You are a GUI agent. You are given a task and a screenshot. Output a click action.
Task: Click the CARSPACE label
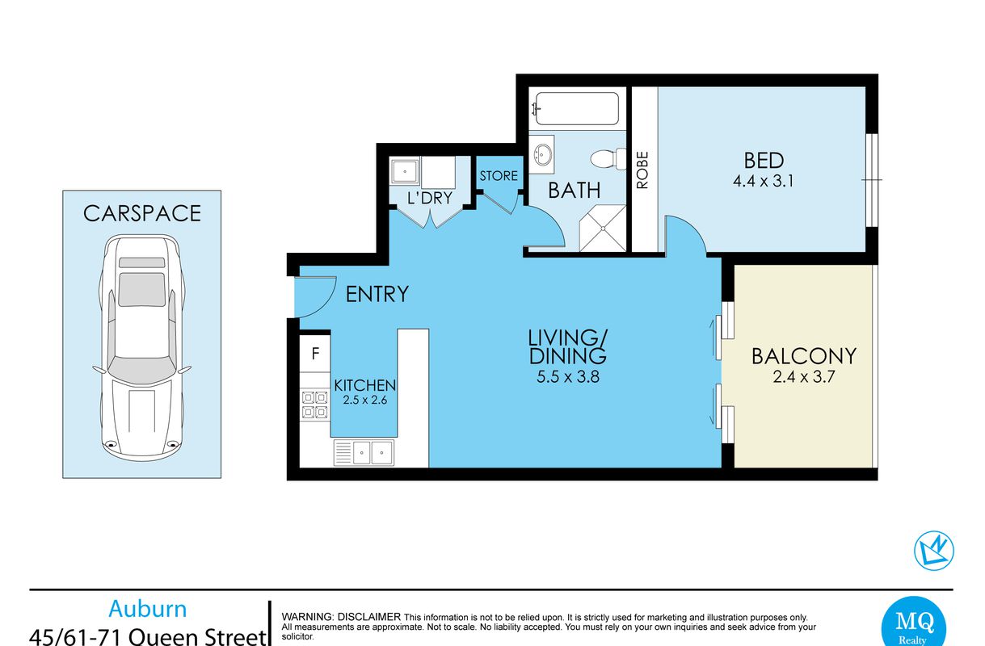(x=142, y=213)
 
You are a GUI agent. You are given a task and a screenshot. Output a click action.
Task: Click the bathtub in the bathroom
(x=577, y=108)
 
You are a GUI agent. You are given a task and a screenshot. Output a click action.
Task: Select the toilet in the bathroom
(x=608, y=159)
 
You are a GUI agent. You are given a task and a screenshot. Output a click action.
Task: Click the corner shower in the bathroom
(x=603, y=229)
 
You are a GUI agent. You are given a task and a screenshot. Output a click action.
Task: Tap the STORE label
(x=499, y=176)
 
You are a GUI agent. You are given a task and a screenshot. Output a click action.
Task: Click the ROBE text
(x=642, y=170)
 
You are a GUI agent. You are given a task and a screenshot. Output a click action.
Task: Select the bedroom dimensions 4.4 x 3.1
(x=764, y=181)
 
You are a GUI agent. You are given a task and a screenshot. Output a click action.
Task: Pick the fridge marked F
(x=315, y=354)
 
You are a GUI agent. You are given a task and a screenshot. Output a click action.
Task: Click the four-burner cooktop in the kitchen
(x=315, y=405)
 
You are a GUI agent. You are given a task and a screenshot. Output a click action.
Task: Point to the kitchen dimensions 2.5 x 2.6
(x=365, y=400)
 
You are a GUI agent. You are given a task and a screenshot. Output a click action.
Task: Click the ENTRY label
(x=377, y=294)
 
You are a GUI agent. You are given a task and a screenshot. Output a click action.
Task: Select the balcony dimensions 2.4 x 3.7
(x=804, y=377)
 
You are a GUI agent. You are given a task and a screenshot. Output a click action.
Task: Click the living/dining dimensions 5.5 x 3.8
(x=568, y=377)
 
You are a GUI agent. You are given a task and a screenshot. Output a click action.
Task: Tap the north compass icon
(x=934, y=551)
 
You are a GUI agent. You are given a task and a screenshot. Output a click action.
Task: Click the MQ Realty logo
(x=914, y=622)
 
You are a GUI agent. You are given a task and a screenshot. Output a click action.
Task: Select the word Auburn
(x=148, y=609)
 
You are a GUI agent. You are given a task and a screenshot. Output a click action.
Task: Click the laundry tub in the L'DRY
(x=405, y=171)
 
